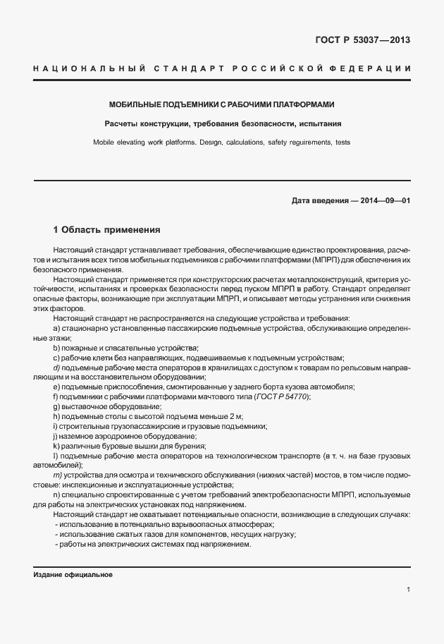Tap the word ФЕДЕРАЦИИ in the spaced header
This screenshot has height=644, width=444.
pos(373,68)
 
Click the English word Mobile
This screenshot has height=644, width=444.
pos(105,142)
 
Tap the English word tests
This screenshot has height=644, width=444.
pos(342,142)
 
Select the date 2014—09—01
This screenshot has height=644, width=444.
pos(385,200)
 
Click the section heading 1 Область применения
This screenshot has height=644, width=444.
pos(107,230)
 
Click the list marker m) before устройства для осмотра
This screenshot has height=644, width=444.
pos(57,475)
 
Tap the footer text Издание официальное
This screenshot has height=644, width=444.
pos(73,574)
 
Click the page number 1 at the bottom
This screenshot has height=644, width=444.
pos(408,590)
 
